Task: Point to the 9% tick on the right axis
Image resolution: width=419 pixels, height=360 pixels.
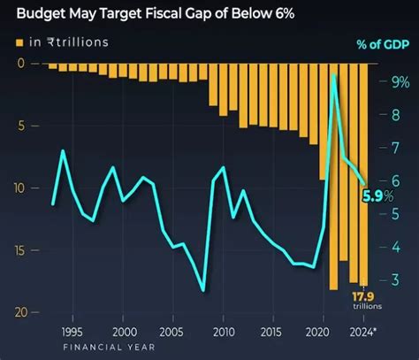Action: pos(400,82)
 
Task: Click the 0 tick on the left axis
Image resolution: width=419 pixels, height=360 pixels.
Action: pos(20,63)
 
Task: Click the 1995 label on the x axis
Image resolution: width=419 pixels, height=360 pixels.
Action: pos(75,332)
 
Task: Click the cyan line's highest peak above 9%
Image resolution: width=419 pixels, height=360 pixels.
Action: pos(333,77)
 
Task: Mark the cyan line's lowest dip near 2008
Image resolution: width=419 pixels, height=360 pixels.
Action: pos(203,290)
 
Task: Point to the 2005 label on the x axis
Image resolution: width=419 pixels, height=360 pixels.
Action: pos(173,332)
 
